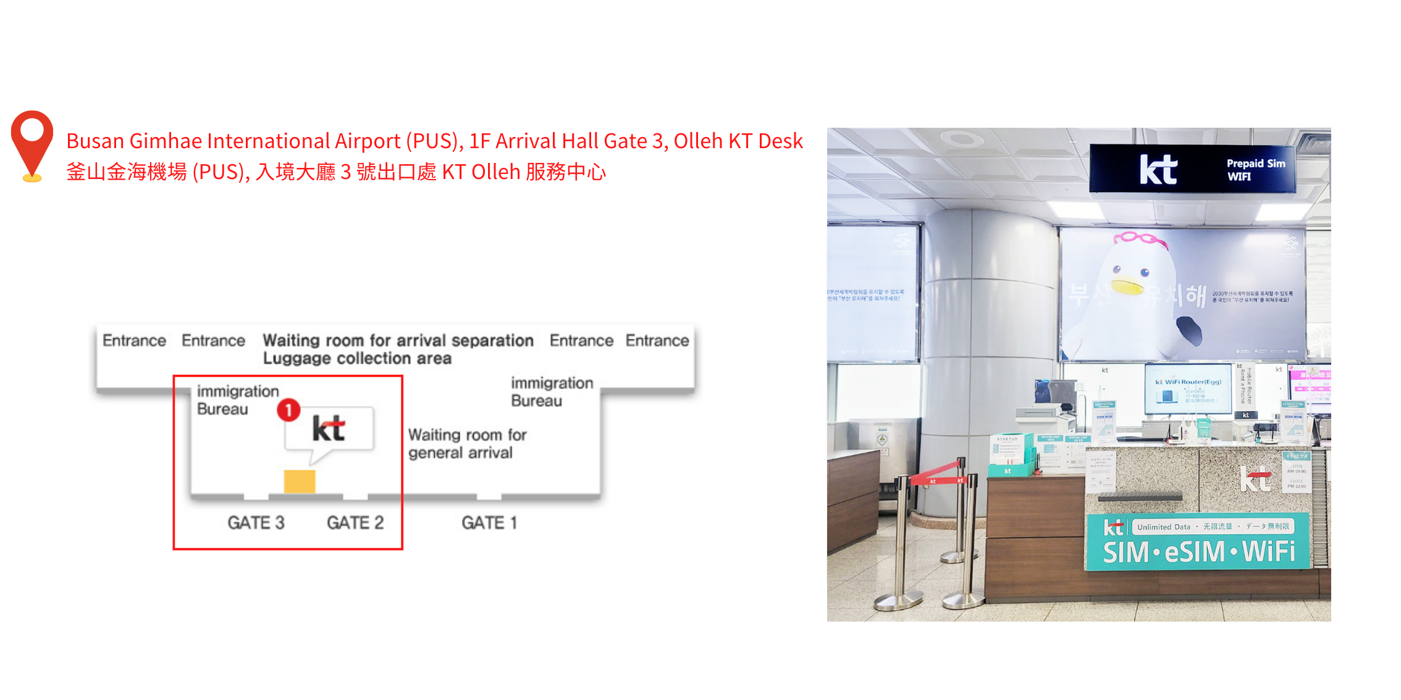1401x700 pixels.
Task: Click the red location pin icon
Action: (32, 143)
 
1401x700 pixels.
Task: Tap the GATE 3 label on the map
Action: (256, 523)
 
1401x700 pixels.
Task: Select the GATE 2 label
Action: (355, 523)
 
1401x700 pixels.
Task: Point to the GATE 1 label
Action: (489, 523)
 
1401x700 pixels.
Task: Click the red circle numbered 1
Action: (288, 410)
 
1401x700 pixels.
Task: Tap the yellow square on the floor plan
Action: (300, 481)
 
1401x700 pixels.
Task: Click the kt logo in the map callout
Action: (329, 428)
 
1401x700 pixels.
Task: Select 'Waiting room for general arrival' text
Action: (467, 444)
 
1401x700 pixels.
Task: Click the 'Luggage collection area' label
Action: (357, 359)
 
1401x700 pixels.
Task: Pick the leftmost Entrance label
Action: (134, 341)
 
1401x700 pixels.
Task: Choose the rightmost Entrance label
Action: (657, 341)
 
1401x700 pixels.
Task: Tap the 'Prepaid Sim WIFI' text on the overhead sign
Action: (1255, 170)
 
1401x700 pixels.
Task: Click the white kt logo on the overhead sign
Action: (1158, 170)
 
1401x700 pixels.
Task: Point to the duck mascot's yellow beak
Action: (1127, 287)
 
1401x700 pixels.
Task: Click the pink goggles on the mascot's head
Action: (1140, 238)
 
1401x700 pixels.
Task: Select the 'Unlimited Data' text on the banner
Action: (1163, 527)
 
